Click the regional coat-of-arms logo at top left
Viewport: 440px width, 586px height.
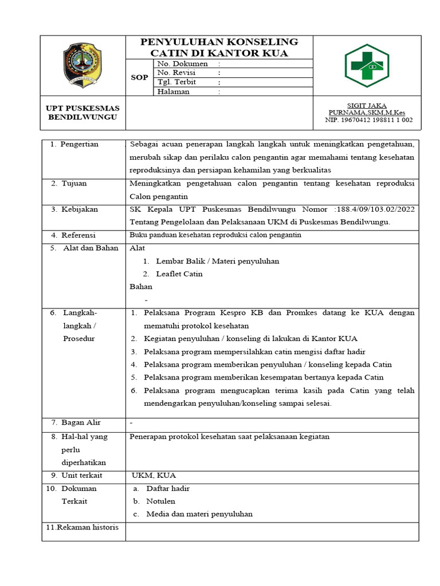coord(82,66)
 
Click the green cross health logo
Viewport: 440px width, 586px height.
coord(367,66)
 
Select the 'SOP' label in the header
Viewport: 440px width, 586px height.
coord(139,77)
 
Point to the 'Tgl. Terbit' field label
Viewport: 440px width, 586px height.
coord(176,82)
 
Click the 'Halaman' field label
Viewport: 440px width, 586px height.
coord(173,92)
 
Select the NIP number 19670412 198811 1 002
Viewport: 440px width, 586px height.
coord(368,120)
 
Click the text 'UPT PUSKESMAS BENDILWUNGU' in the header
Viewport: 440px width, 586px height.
coord(82,113)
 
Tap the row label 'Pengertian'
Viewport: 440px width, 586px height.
coord(79,144)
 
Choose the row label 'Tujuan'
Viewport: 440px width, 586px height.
coord(74,183)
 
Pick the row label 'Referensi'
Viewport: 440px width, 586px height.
coord(78,235)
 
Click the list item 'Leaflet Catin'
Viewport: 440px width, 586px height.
coord(179,274)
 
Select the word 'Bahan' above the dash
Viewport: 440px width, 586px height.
coord(141,287)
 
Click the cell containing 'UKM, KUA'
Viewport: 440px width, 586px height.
coord(154,476)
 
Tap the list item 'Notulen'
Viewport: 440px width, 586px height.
coord(160,501)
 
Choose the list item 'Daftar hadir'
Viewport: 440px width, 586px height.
coord(168,489)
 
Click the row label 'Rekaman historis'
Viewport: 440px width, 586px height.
coord(82,527)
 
